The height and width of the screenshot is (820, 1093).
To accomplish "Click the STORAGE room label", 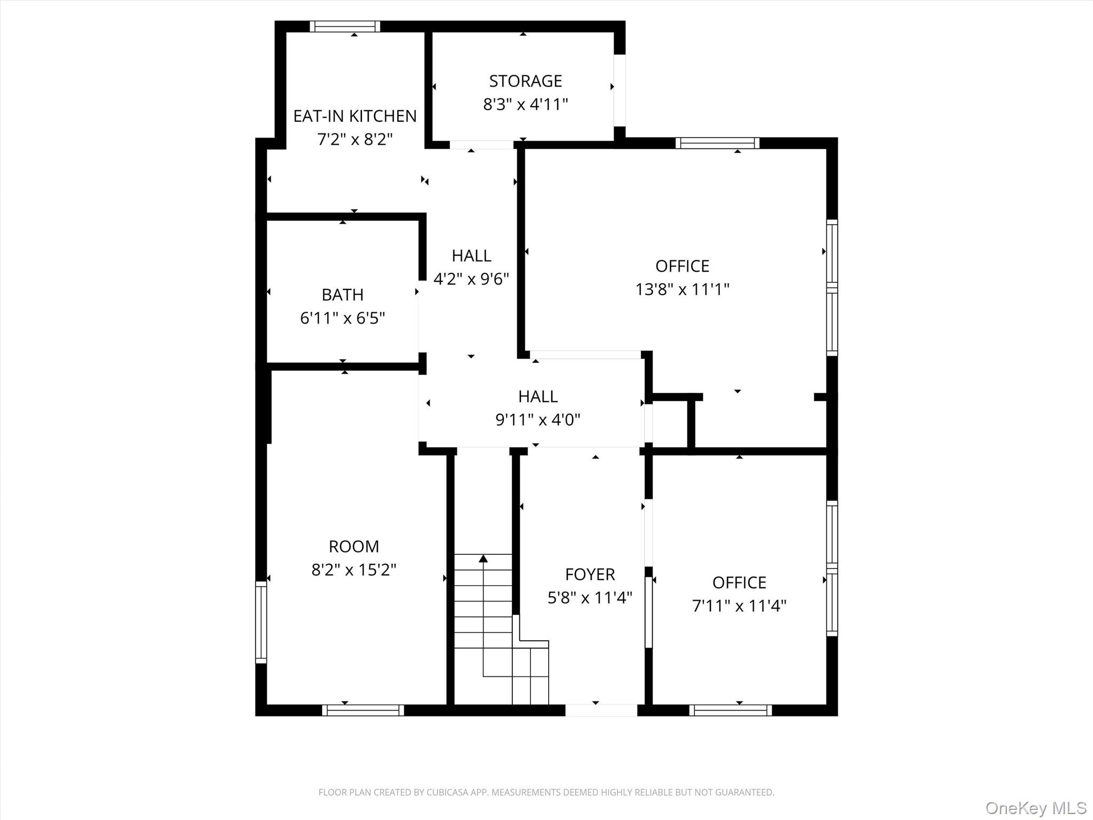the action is [526, 81].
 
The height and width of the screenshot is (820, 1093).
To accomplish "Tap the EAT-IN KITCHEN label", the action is [355, 116].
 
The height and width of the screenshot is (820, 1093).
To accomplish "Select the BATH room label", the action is [343, 295].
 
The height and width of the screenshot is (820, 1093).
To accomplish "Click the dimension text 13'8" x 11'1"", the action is [682, 289].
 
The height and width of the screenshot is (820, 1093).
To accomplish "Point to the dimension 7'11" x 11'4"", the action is [739, 606].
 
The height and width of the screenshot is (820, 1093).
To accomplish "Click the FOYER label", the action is [590, 574].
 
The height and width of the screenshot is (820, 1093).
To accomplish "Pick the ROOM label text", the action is [354, 547].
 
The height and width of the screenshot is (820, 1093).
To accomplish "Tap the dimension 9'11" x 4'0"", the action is [538, 420].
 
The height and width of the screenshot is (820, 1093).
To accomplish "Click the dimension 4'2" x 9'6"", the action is [471, 279].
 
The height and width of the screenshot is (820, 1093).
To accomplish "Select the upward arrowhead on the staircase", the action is [483, 558].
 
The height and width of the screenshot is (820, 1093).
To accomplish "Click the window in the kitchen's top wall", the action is [345, 26].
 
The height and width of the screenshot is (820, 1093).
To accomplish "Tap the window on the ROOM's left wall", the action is [261, 622].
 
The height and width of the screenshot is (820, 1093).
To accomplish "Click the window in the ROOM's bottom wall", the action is [363, 710].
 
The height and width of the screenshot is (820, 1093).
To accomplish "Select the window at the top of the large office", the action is [717, 143].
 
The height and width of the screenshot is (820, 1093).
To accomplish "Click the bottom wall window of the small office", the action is [731, 710].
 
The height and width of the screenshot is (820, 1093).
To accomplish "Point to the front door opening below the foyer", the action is [601, 710].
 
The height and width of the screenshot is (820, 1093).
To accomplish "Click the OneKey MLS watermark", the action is [1036, 808].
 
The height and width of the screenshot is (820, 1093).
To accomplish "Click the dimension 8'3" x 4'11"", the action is [526, 105].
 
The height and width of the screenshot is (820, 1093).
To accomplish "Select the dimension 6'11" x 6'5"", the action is [343, 318].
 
